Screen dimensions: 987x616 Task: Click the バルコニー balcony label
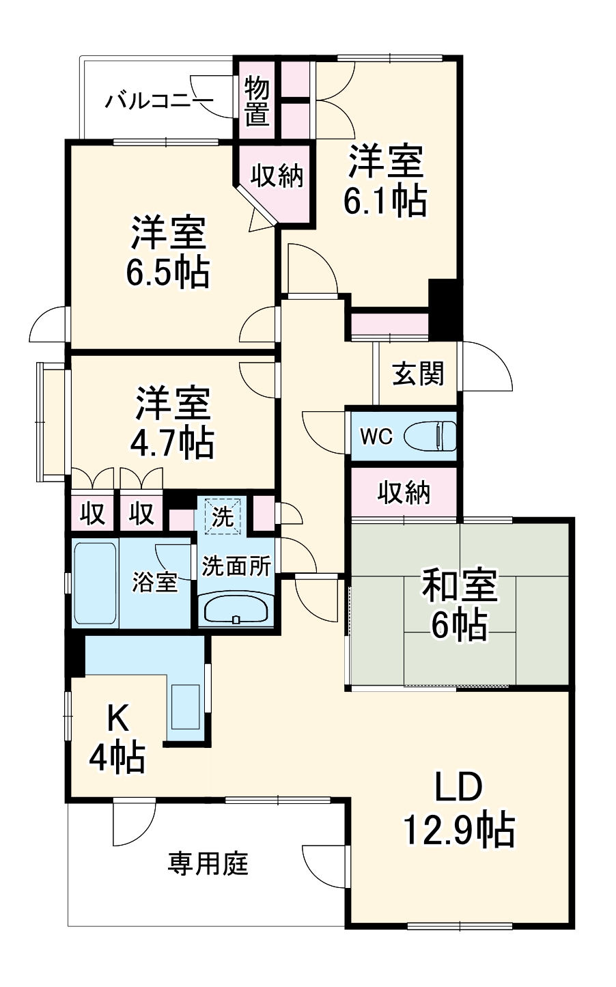pos(158,102)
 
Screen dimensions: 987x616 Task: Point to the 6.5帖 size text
pos(167,272)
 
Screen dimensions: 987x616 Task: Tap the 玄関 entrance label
pos(417,374)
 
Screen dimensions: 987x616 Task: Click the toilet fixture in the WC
pos(430,436)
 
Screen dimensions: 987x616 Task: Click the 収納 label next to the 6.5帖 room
pos(276,176)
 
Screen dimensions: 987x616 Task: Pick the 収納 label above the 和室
pos(404,492)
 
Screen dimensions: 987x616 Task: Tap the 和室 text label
pos(460,587)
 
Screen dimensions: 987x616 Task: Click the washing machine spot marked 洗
pos(222,517)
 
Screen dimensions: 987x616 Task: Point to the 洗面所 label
pos(236,566)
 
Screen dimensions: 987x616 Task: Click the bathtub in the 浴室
pos(94,583)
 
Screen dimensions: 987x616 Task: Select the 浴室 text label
pos(154,583)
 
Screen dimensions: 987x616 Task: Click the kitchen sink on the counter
pos(185,706)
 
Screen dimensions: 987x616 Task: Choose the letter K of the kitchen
pos(117,718)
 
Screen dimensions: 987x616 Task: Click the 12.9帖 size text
pos(458,830)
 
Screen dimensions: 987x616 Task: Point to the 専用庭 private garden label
pos(208,864)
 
